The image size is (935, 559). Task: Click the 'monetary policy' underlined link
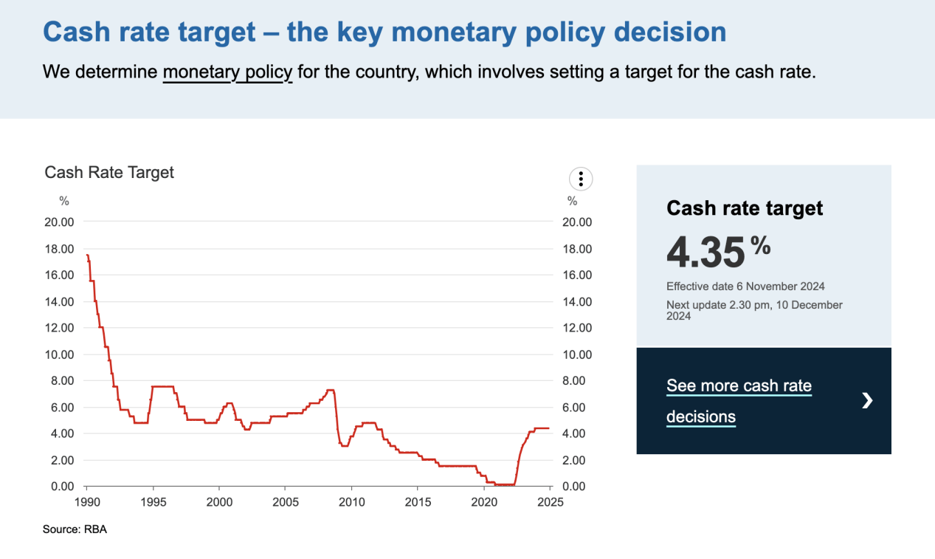tap(227, 72)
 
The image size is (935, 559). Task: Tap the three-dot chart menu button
tap(581, 179)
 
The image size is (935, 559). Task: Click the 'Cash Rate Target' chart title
tap(109, 172)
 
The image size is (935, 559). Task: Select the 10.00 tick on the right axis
tap(576, 354)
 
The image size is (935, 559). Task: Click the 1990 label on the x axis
tap(86, 502)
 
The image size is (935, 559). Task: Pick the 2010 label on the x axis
tap(351, 502)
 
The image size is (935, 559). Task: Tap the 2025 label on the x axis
tap(551, 502)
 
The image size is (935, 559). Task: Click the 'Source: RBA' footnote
tap(75, 529)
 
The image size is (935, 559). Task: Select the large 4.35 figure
tap(705, 252)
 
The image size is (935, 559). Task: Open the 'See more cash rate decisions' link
tap(739, 401)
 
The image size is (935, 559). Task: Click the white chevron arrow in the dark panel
tap(868, 400)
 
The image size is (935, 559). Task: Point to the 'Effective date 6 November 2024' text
tap(745, 287)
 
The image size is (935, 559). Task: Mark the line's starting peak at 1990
tap(87, 255)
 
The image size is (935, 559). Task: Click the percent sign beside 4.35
tap(761, 245)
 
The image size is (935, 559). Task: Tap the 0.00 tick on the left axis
tap(62, 487)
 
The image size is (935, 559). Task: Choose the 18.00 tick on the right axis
tap(576, 249)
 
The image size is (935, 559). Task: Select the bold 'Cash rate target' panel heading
tap(745, 208)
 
